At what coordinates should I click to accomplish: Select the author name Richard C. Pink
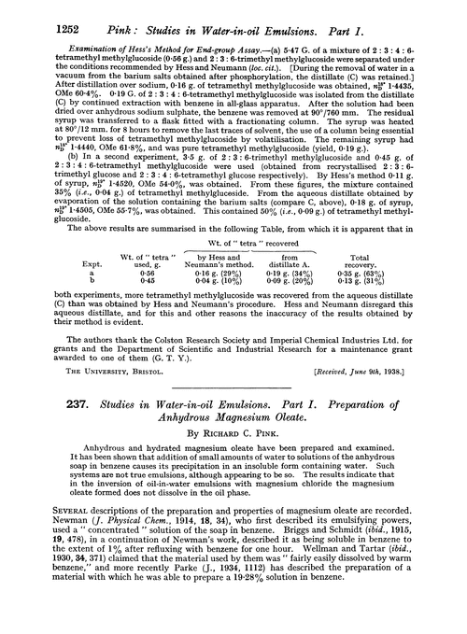tap(233, 445)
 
